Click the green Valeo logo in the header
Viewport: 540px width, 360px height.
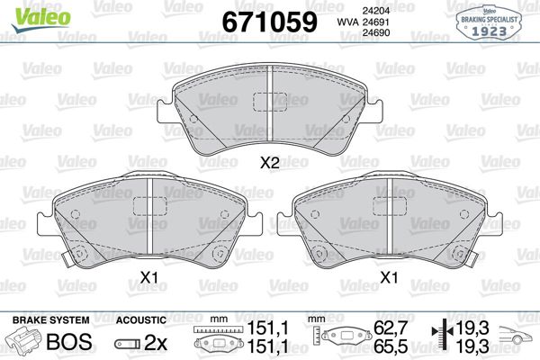[x=41, y=18]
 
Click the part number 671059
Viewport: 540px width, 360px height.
[x=269, y=22]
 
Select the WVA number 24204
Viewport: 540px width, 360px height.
[x=375, y=11]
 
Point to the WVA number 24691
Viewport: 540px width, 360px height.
[x=375, y=22]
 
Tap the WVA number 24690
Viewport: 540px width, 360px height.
[x=375, y=32]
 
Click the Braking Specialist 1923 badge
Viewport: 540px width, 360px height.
[x=489, y=22]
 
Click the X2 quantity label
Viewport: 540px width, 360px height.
[x=270, y=163]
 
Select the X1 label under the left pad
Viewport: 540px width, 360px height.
[x=149, y=277]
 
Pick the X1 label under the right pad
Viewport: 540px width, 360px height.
[x=389, y=277]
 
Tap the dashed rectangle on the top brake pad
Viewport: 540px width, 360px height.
[x=270, y=102]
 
